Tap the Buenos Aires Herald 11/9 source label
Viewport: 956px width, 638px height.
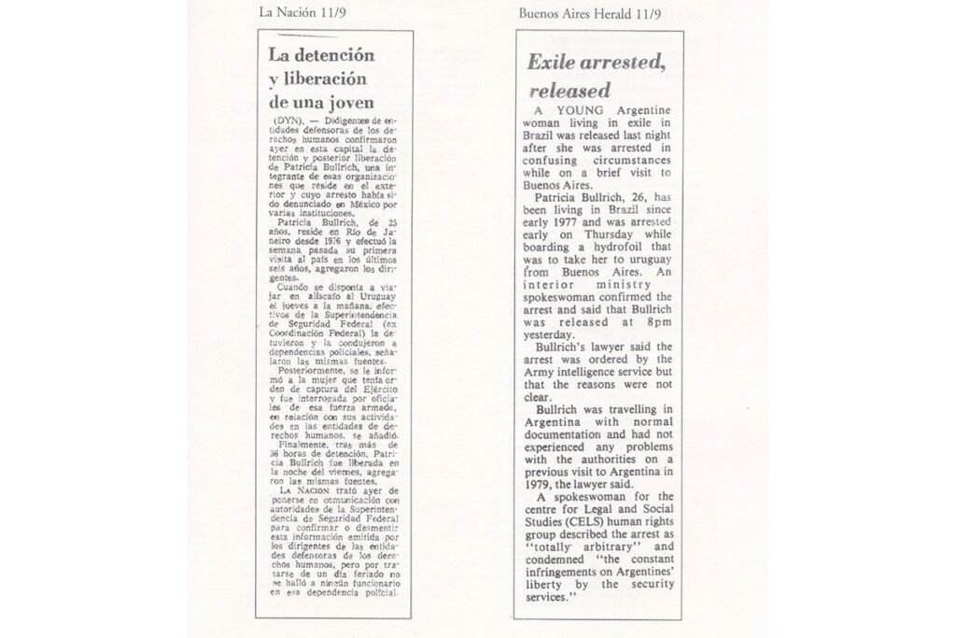pyautogui.click(x=592, y=13)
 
